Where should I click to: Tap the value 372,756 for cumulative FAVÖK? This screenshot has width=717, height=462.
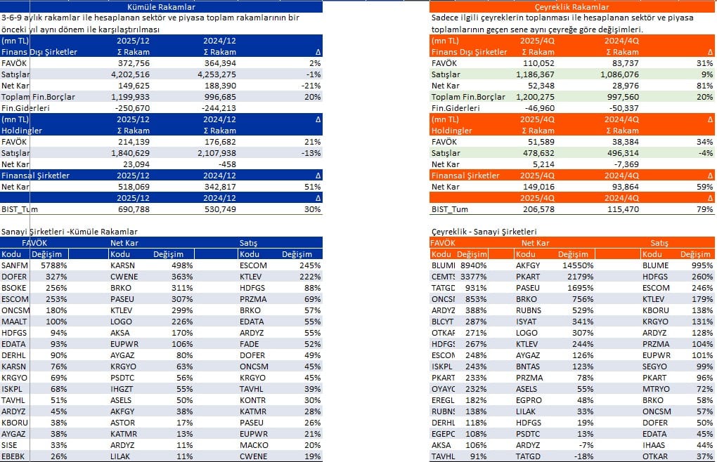[133, 63]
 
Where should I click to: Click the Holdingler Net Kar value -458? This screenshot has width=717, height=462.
[226, 164]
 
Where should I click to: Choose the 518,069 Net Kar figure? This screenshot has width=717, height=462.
[133, 187]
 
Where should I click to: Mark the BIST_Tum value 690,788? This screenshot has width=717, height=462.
[133, 209]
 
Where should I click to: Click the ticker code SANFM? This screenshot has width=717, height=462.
[14, 265]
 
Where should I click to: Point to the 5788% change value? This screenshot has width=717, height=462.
[53, 265]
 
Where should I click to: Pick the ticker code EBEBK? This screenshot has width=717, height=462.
[14, 456]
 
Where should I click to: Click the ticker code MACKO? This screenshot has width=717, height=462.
[254, 445]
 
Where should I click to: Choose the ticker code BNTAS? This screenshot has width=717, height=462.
[529, 367]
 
